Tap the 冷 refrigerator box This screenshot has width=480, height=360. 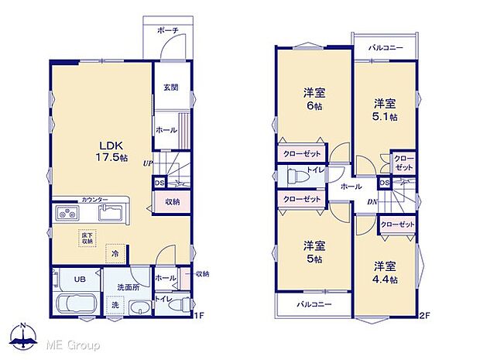pyautogui.click(x=114, y=253)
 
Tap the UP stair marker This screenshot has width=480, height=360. pyautogui.click(x=147, y=164)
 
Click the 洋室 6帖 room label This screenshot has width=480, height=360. pyautogui.click(x=313, y=100)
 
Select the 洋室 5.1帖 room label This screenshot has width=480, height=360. pyautogui.click(x=385, y=109)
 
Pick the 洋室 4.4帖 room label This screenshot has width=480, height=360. pyautogui.click(x=385, y=273)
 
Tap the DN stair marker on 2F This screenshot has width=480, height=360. pyautogui.click(x=372, y=203)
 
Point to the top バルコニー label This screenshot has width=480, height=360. pyautogui.click(x=386, y=48)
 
